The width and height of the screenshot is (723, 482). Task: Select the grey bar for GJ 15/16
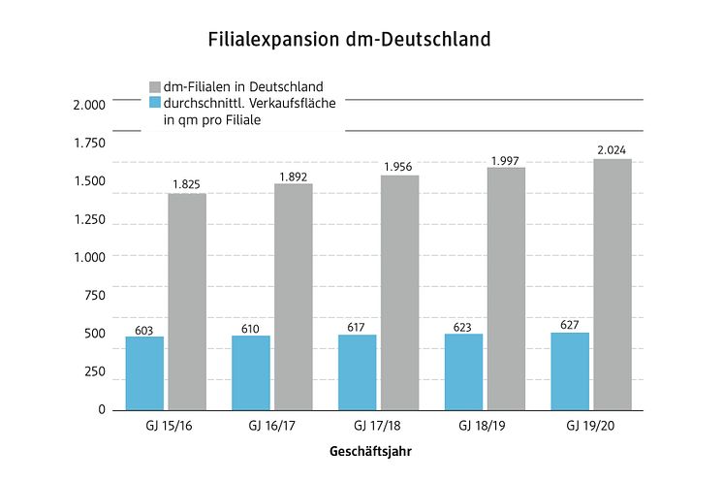[187, 302]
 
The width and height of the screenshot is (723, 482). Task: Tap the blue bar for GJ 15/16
[144, 373]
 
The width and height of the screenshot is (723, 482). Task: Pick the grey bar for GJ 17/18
[399, 293]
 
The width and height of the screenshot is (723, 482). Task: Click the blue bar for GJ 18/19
[463, 371]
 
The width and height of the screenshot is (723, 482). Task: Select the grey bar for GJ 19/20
[613, 284]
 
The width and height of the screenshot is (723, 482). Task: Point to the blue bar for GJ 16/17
[251, 372]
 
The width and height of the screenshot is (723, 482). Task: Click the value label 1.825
[186, 184]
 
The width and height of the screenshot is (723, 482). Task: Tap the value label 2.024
[613, 149]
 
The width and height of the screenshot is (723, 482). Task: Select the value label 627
[570, 325]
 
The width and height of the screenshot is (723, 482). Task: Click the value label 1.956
[399, 167]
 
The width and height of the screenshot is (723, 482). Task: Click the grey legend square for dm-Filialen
[155, 86]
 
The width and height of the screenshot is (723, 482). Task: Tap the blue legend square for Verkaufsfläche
[155, 103]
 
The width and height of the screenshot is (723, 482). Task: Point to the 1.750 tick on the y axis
[89, 144]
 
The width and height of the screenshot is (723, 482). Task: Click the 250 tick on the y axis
[94, 372]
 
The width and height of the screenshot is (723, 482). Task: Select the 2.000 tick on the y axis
[89, 105]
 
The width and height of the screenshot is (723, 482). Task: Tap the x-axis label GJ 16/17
[270, 427]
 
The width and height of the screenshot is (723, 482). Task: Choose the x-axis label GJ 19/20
[590, 427]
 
